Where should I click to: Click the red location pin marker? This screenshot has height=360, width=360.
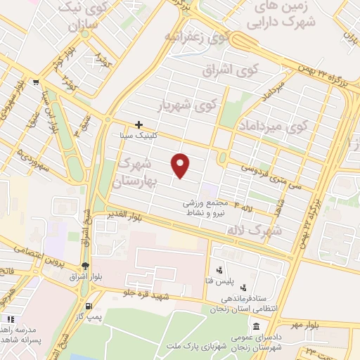click(181, 165)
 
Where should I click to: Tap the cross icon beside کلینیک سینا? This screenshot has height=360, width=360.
click(139, 124)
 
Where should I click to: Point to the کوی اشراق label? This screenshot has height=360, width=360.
click(221, 71)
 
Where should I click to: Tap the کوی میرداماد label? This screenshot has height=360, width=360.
click(274, 127)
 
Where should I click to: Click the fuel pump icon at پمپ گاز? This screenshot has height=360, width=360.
click(87, 306)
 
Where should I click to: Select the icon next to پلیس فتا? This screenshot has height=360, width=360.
click(219, 269)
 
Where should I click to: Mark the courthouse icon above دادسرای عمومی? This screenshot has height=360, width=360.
click(256, 327)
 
